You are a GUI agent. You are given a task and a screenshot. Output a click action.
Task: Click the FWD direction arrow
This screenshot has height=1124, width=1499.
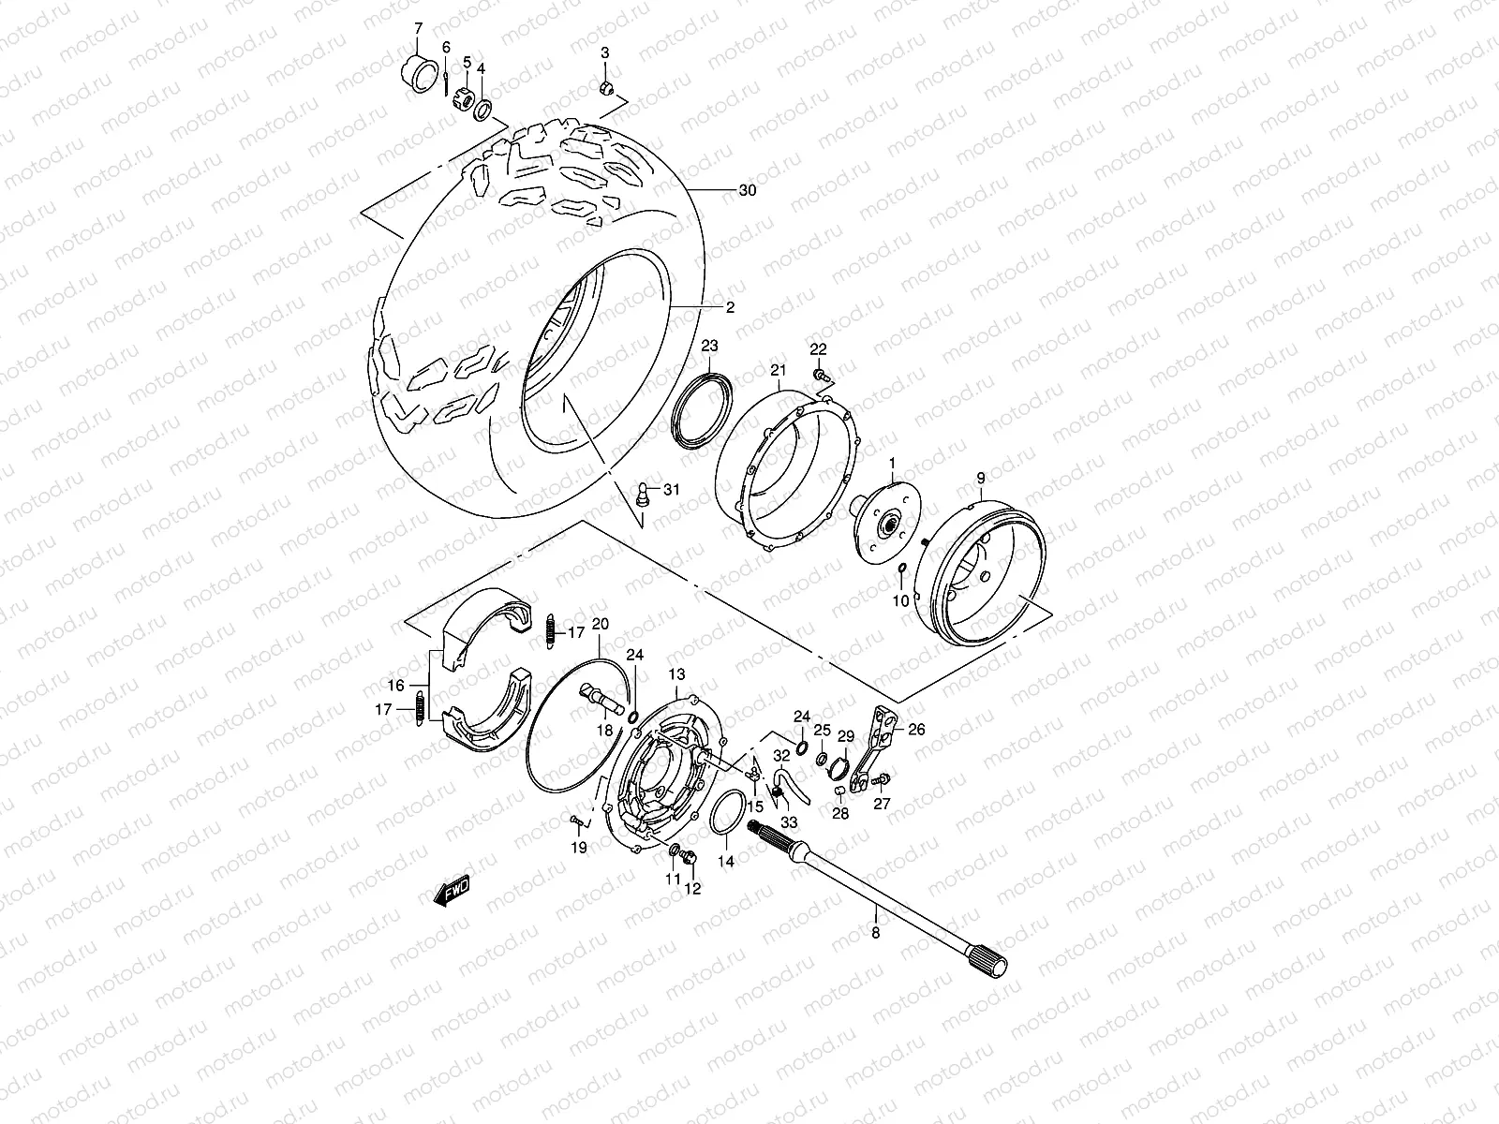(x=452, y=892)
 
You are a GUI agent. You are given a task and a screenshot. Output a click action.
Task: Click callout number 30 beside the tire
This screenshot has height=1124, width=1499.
(x=747, y=190)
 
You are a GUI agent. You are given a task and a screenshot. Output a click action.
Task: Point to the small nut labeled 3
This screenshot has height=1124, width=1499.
(x=605, y=88)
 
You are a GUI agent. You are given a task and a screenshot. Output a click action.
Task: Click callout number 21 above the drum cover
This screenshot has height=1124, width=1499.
(x=777, y=372)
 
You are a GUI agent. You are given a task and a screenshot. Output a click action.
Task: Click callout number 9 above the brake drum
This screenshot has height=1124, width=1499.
(x=981, y=479)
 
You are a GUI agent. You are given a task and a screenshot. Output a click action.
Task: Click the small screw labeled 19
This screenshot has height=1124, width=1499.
(x=575, y=821)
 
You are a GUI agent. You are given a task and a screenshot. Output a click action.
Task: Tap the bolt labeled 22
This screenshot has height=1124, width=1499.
(x=822, y=375)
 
